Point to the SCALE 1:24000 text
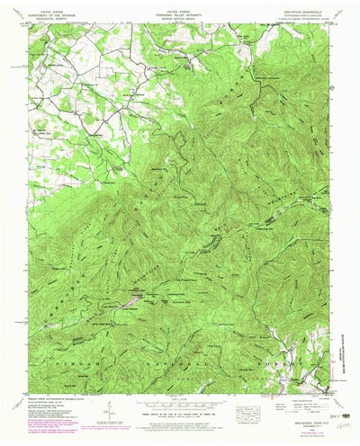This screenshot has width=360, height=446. [x=178, y=397]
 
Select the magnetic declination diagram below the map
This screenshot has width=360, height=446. [x=108, y=412]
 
